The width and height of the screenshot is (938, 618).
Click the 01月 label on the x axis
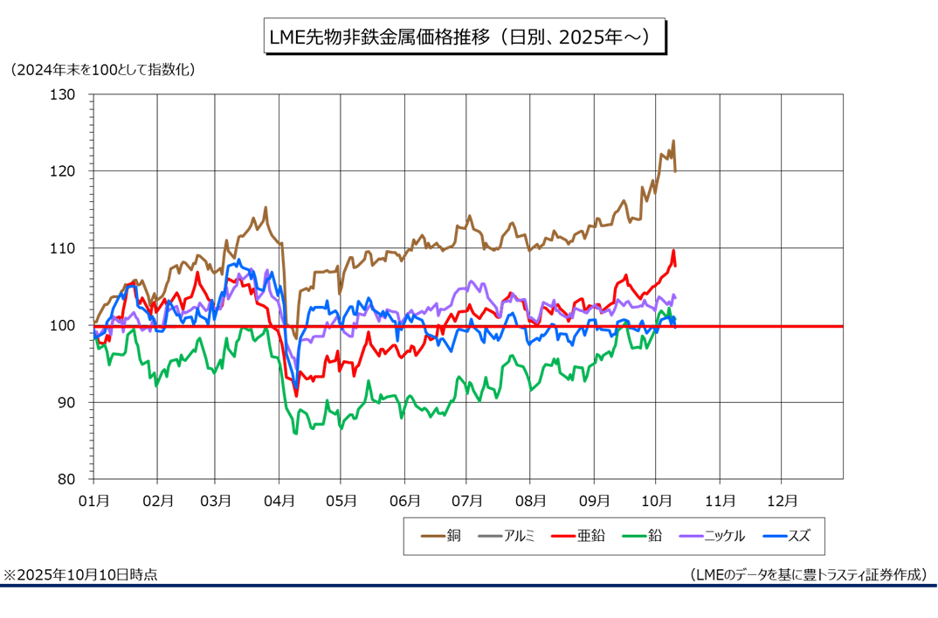pos(93,501)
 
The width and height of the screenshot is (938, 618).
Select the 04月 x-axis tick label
pos(279,501)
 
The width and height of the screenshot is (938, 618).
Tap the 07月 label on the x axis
pos(467,501)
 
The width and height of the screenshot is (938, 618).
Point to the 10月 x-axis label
pos(656,501)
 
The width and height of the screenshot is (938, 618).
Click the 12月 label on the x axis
pos(781,501)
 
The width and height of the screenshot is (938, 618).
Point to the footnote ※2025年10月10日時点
pos(80,575)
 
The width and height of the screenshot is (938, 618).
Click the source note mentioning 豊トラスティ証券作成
pos(807,575)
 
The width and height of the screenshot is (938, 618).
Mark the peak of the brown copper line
pos(673,141)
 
